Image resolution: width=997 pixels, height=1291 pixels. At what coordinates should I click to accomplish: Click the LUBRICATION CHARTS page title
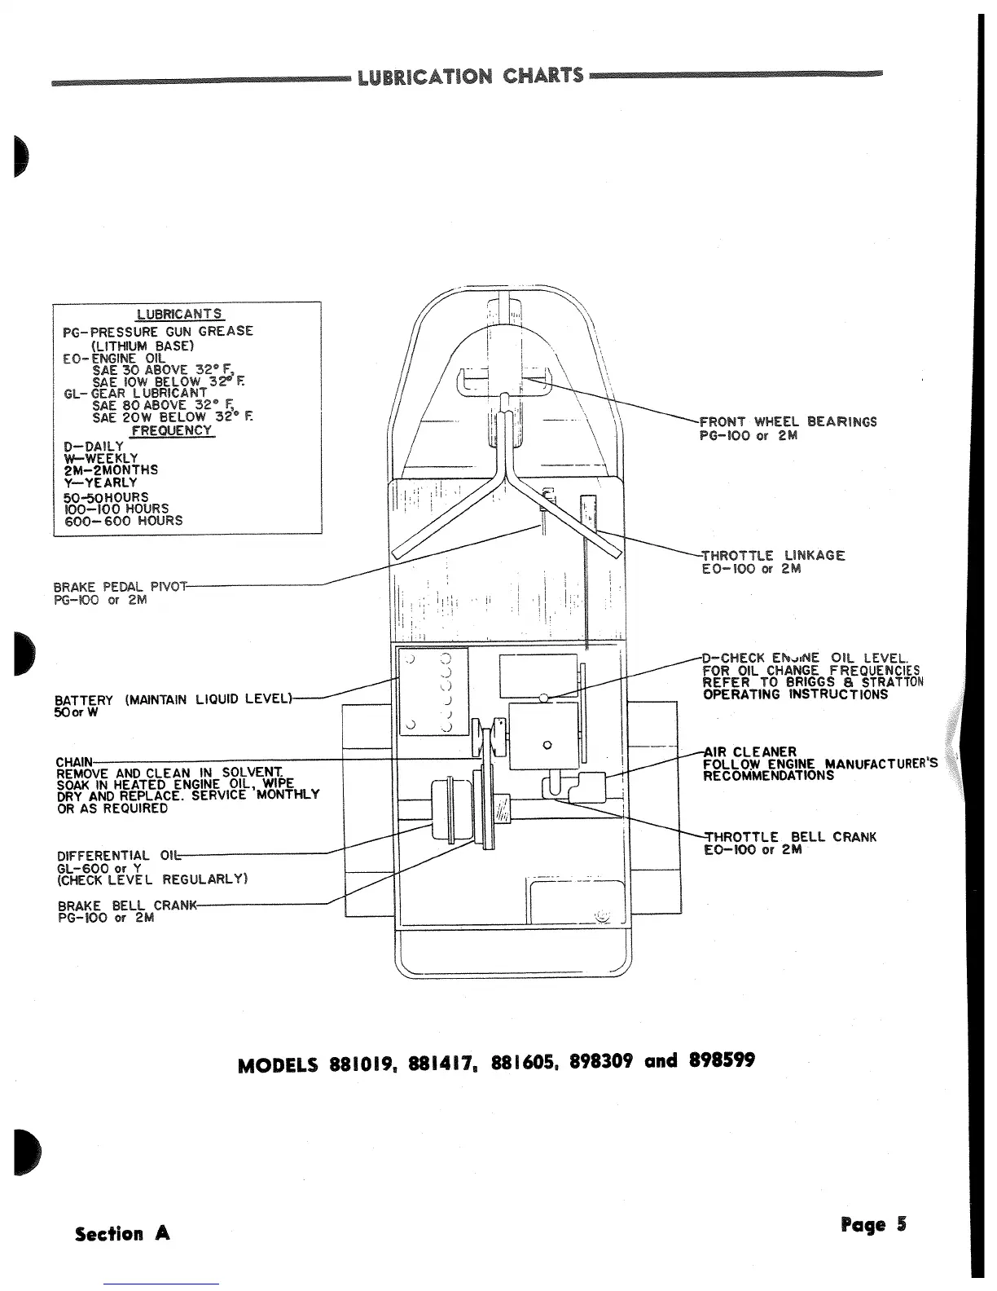(471, 77)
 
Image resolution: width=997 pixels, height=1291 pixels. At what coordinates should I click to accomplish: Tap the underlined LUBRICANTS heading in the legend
(178, 314)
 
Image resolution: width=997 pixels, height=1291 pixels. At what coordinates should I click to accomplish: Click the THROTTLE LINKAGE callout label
(774, 556)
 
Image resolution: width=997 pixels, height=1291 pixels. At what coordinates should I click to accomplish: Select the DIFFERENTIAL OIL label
(116, 856)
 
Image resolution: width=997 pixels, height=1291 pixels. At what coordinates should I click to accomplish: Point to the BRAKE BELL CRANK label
(127, 905)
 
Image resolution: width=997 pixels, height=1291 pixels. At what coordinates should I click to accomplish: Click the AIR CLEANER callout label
(750, 751)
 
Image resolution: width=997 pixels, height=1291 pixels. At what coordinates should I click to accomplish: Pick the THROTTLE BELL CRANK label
(790, 837)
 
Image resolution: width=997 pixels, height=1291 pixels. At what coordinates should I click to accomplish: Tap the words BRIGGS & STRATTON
(854, 682)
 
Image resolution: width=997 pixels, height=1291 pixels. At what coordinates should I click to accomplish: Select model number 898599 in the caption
(722, 1060)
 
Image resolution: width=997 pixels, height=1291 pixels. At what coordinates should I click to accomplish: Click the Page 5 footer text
(873, 1225)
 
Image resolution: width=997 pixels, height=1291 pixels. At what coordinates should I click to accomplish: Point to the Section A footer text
(122, 1233)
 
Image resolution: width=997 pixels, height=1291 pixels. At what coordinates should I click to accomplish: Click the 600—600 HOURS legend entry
(123, 521)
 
